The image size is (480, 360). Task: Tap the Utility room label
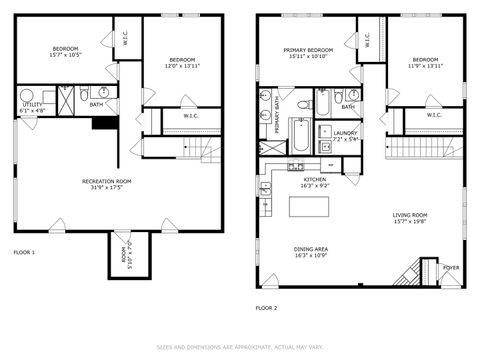(x=31, y=106)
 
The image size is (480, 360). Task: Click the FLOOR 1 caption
(x=23, y=252)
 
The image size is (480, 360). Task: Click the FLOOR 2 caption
(x=266, y=308)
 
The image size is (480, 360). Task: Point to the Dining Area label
(x=308, y=251)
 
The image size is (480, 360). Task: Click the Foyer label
(x=452, y=267)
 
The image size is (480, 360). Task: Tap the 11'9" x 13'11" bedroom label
(x=425, y=62)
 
